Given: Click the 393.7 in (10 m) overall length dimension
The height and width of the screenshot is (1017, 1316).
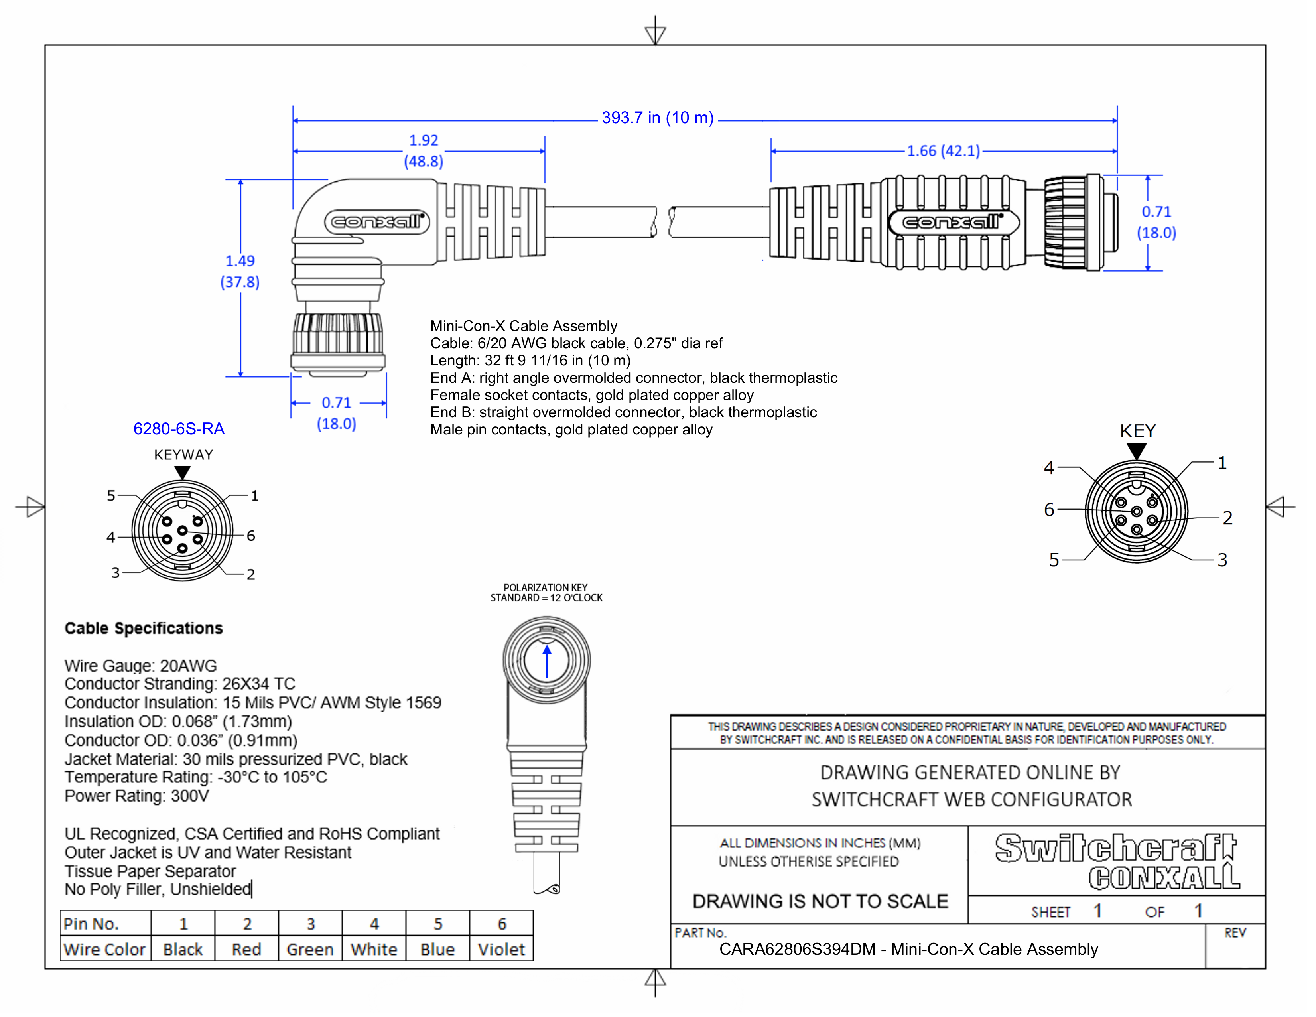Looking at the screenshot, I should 657,118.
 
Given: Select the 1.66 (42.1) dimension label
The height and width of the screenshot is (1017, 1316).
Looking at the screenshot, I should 943,151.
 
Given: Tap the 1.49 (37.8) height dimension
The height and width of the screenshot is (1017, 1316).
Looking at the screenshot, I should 240,271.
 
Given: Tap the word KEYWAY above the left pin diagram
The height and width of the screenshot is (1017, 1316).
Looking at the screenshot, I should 183,455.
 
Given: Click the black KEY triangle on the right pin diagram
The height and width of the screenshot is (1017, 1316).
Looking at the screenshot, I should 1137,451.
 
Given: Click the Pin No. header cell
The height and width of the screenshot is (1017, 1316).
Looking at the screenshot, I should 92,924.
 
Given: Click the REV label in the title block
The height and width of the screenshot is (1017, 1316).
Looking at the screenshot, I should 1235,933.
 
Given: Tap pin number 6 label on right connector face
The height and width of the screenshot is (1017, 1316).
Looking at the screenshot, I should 1049,510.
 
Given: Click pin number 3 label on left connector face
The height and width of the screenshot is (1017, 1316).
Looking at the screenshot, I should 115,572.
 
